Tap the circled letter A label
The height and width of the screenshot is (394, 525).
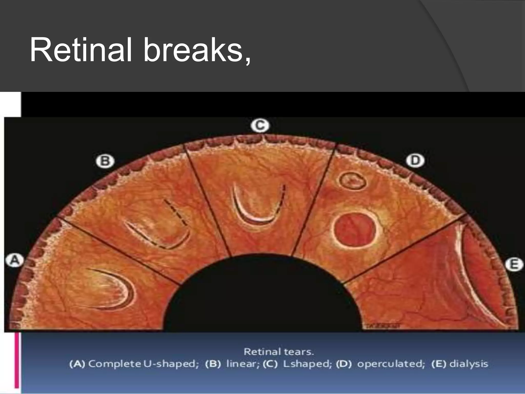15,260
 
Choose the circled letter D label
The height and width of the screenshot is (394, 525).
415,161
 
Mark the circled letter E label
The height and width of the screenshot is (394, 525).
514,264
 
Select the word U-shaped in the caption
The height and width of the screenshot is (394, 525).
170,364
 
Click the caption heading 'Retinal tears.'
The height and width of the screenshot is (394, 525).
279,352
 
